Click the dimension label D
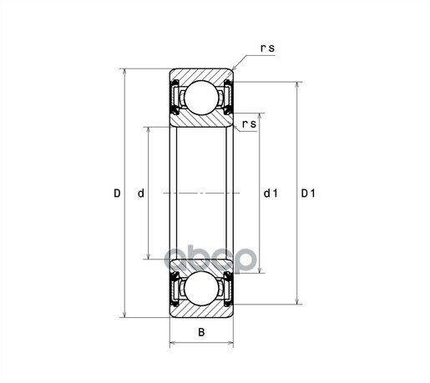[117, 193]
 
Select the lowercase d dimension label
[141, 193]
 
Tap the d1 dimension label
[271, 193]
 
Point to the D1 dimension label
[308, 193]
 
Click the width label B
[201, 332]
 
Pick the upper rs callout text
[267, 48]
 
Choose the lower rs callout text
[249, 124]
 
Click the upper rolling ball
[201, 98]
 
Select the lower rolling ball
[201, 289]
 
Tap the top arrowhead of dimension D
[124, 72]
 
